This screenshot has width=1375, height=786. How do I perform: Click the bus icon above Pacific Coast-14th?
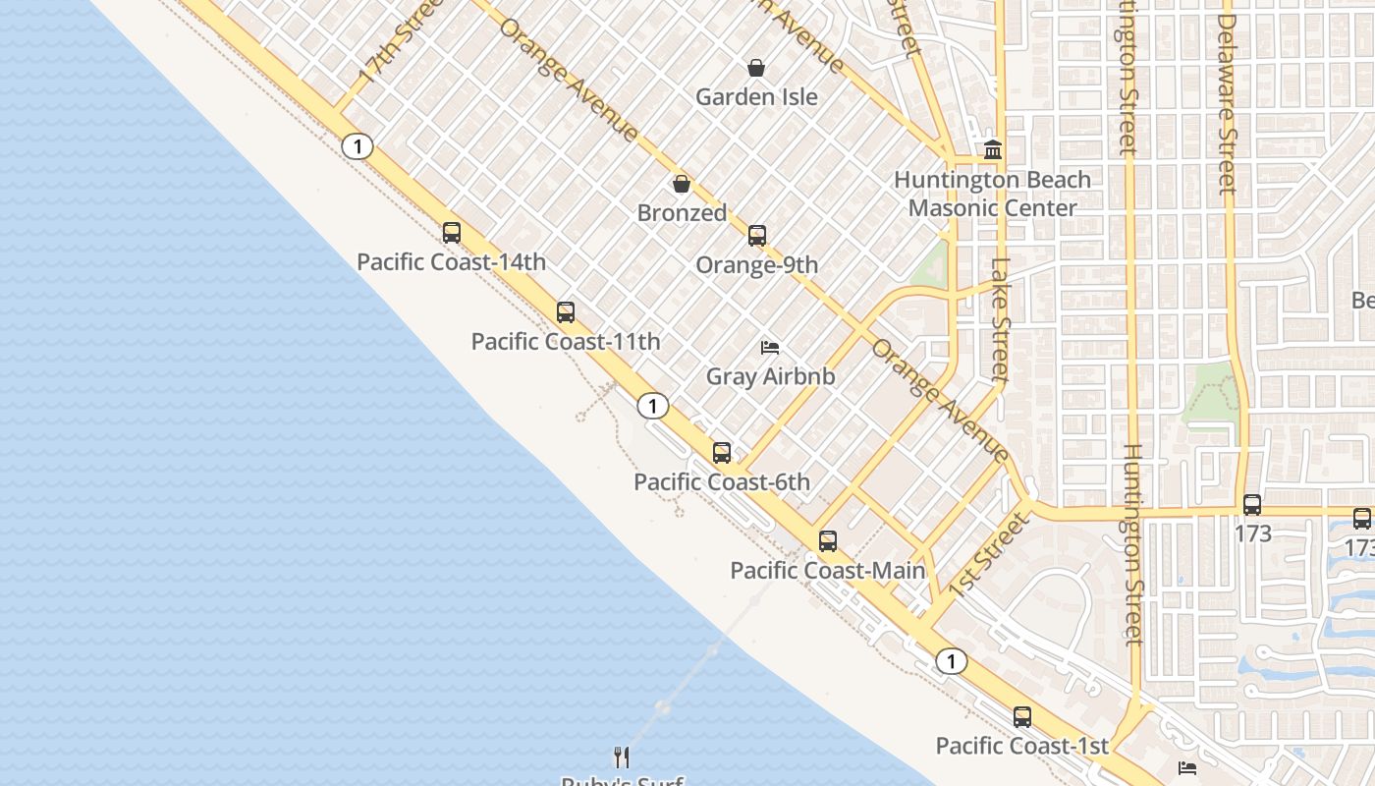click(452, 233)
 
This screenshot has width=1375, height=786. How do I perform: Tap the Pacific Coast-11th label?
click(566, 342)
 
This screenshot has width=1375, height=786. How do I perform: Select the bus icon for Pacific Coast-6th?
click(722, 453)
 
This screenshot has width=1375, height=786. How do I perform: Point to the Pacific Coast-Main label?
click(828, 571)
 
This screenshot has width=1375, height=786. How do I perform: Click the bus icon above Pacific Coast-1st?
click(1022, 717)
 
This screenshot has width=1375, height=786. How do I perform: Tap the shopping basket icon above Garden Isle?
click(756, 68)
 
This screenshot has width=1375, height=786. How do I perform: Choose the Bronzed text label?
click(682, 213)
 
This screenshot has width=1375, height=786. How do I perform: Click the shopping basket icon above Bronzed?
click(682, 184)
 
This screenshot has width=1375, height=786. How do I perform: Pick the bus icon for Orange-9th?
click(757, 236)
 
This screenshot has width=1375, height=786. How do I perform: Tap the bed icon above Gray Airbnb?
click(770, 348)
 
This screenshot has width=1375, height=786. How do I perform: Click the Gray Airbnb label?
click(770, 376)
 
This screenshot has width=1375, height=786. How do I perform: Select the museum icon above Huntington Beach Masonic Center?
click(993, 150)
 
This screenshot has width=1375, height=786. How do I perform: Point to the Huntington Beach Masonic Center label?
click(992, 194)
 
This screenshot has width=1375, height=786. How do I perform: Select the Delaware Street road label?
click(1226, 103)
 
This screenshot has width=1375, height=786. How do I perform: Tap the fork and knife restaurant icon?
click(621, 757)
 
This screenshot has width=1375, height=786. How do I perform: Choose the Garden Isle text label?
click(756, 97)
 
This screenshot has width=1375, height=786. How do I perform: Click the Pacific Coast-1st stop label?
click(1021, 747)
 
